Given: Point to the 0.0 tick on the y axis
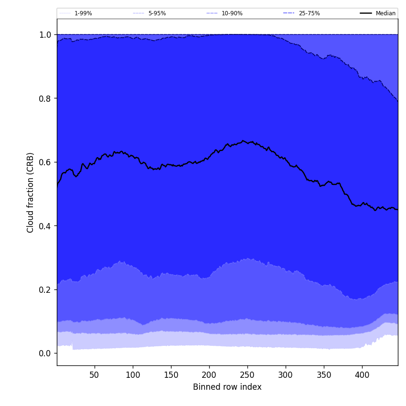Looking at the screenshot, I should [x=45, y=353].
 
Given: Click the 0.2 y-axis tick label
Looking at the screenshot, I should [x=45, y=289].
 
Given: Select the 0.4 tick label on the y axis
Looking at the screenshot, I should [x=45, y=226].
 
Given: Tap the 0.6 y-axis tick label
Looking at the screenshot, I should [x=45, y=162].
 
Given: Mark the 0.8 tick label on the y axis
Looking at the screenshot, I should [x=45, y=98].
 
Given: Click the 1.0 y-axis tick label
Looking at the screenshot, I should [x=45, y=35].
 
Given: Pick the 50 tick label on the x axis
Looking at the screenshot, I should [x=95, y=375].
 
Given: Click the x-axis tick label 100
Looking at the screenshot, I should [x=133, y=375].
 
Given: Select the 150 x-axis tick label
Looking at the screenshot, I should [x=171, y=375].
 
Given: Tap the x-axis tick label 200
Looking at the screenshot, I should [x=209, y=375].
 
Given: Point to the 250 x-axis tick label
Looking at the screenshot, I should [x=247, y=375].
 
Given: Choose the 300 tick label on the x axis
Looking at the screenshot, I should [x=286, y=375].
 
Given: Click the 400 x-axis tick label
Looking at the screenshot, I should [x=362, y=375].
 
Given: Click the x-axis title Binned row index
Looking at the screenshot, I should [x=227, y=387].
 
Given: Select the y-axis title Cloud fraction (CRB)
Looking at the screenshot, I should [x=31, y=192].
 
